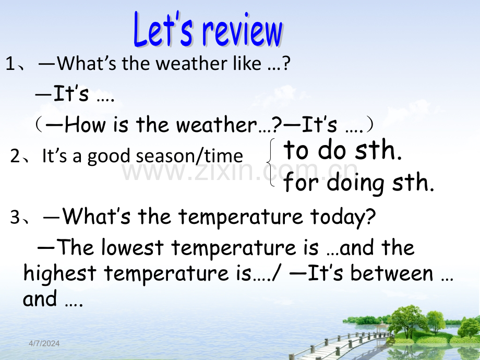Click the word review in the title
[x=243, y=31]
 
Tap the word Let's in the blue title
[x=163, y=29]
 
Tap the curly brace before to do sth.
[x=271, y=163]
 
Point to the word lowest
[x=132, y=247]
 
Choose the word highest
[x=60, y=273]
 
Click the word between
[x=391, y=273]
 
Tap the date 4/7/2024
[x=44, y=343]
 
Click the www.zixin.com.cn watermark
[x=240, y=172]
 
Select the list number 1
[x=10, y=64]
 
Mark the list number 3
[x=15, y=217]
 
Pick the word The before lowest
[x=75, y=247]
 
